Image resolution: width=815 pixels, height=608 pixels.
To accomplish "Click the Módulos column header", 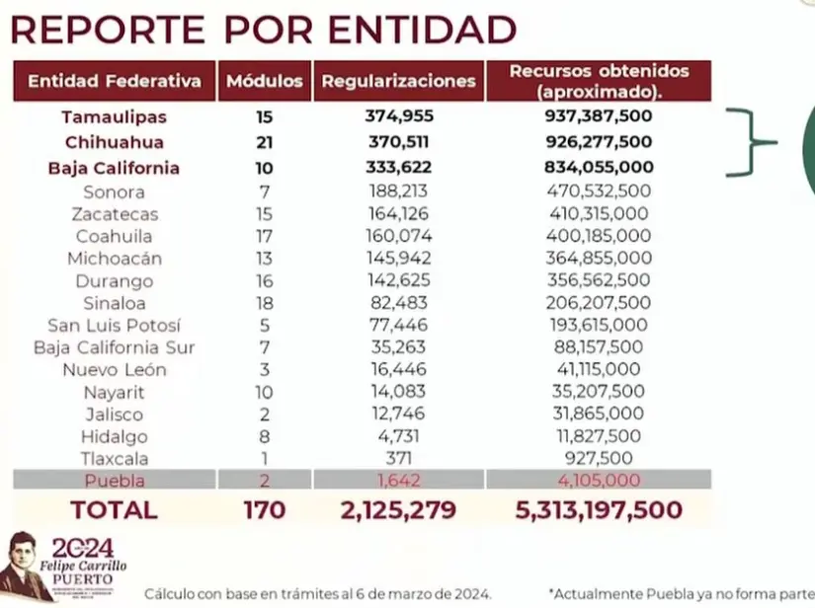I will coord(265,81).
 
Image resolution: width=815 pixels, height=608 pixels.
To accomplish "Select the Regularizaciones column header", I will coord(398,81).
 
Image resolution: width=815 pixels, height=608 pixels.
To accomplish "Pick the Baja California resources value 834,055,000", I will coord(599,168).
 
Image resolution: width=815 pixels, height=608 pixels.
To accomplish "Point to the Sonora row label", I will coord(115,191).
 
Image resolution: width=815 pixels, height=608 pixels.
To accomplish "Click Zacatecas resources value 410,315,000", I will coord(599,213).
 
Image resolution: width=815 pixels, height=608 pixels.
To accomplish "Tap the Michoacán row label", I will coord(115,259).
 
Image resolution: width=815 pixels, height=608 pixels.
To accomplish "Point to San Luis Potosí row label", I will coord(115,326).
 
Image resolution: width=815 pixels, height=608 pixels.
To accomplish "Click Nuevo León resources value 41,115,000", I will coord(599,370).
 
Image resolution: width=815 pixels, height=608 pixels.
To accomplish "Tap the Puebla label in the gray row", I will coord(115,481).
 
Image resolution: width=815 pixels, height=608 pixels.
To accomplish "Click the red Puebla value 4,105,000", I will coord(599,481).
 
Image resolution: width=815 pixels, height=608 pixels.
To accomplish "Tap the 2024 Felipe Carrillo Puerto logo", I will coord(65,567).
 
